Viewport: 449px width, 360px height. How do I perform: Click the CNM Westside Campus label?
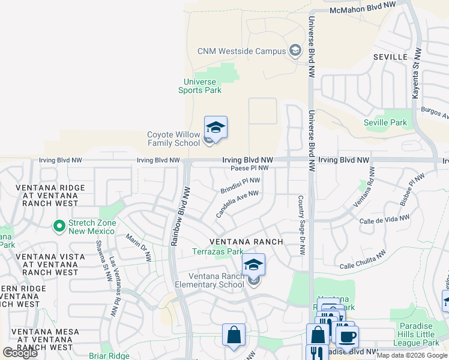click(241, 51)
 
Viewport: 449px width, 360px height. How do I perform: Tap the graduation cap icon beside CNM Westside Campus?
click(295, 50)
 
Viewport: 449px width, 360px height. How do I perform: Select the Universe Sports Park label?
click(200, 86)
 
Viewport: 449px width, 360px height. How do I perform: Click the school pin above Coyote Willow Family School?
click(215, 128)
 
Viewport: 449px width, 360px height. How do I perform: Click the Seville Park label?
click(385, 122)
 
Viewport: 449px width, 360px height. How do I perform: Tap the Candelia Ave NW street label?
click(237, 203)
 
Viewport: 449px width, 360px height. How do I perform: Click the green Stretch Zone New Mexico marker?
click(59, 226)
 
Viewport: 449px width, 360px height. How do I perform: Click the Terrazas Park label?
click(217, 252)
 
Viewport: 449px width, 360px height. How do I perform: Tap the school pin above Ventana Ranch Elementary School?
click(253, 264)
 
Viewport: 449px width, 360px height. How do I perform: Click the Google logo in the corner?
click(20, 353)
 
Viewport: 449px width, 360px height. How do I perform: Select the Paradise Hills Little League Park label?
click(418, 334)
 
